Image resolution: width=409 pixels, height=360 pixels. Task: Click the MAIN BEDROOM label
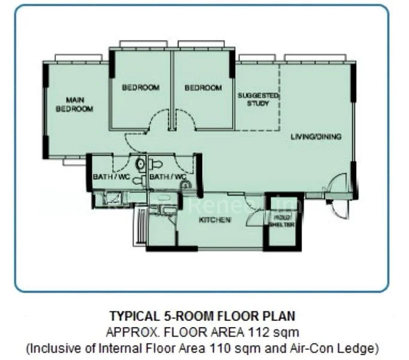pos(74,104)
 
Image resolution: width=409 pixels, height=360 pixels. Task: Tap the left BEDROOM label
pos(141,88)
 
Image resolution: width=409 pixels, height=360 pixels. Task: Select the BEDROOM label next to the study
pos(203,88)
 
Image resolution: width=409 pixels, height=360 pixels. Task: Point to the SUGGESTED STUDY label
pos(258,99)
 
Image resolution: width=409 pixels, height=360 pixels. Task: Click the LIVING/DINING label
pos(316,137)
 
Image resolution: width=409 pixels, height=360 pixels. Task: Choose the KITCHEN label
pos(215,220)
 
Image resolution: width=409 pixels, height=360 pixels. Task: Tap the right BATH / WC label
pos(164,176)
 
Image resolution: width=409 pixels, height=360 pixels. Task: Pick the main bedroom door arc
pos(134,142)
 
